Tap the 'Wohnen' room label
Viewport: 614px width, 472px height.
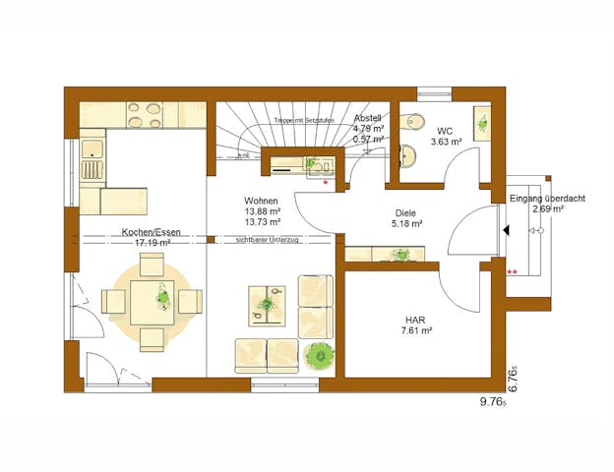261,201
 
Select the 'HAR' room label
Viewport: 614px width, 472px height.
414,320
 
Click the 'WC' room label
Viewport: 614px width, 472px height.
445,130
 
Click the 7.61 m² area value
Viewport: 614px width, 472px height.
417,331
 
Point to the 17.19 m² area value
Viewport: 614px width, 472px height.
147,242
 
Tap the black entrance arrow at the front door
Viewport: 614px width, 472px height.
505,231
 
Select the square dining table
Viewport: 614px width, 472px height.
153,295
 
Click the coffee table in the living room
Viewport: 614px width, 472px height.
266,306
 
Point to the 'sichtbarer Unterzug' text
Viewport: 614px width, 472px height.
269,239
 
